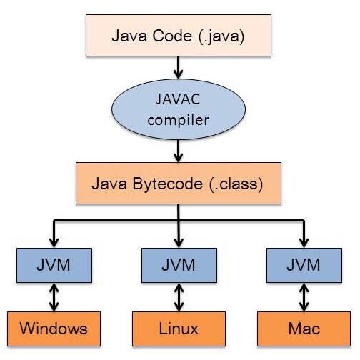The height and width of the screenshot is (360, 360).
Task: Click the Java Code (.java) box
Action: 179,36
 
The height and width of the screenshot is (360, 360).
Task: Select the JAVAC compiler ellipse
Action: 179,109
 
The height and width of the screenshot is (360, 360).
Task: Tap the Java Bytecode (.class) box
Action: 179,184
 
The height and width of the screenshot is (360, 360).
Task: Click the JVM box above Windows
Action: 54,265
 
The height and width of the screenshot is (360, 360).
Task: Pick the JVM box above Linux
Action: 179,265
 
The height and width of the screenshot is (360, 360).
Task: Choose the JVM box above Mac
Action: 304,265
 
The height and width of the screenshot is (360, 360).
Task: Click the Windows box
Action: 54,329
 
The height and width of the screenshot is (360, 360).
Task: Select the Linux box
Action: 179,329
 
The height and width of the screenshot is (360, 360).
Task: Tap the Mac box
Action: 304,329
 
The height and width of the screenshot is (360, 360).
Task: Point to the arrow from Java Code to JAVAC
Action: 179,68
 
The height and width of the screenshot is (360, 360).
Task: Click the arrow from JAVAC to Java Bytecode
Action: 179,151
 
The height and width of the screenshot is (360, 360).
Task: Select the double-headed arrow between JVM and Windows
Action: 54,297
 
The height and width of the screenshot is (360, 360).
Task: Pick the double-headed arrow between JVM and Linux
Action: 179,297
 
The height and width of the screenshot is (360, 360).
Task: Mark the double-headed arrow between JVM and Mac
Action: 304,297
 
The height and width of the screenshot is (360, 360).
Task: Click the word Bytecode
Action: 168,184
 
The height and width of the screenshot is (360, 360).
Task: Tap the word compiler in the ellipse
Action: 179,120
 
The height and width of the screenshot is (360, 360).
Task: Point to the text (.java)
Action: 221,36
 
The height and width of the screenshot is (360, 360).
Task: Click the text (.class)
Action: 236,184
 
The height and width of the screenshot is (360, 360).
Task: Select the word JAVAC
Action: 178,99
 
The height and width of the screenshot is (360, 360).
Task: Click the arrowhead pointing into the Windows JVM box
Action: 54,243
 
